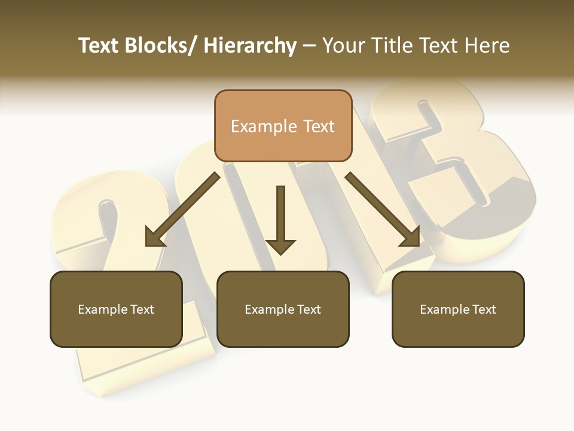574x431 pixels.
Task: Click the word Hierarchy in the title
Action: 250,46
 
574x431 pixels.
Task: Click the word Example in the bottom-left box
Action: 102,309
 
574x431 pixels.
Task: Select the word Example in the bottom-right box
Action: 444,309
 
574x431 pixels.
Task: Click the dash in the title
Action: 309,47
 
